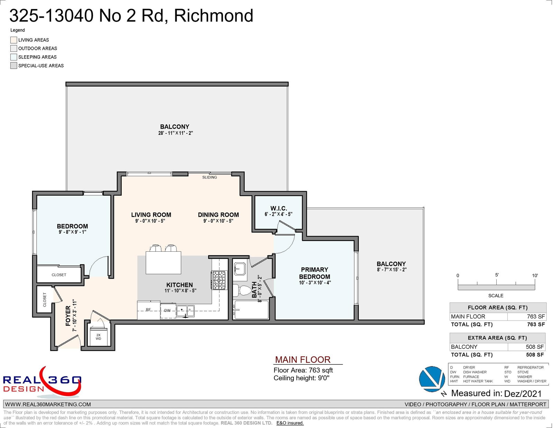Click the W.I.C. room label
[279, 208]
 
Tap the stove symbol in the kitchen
[218, 280]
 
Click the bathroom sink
[240, 269]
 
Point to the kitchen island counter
[163, 263]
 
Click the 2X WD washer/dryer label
[98, 337]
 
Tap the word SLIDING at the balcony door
[209, 177]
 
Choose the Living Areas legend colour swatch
[14, 40]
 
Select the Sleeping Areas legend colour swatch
[14, 57]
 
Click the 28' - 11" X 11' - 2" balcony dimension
[176, 133]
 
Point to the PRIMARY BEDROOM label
[315, 273]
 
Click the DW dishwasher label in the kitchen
[167, 310]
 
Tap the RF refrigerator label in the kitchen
[148, 310]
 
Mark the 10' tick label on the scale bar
[535, 276]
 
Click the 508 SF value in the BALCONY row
[535, 347]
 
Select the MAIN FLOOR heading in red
[302, 360]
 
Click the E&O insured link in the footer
[290, 423]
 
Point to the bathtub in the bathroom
[251, 310]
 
